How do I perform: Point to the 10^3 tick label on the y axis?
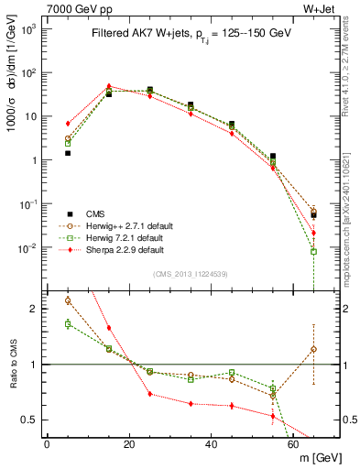(x=28, y=29)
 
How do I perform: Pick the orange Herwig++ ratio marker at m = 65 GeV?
(x=314, y=349)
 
